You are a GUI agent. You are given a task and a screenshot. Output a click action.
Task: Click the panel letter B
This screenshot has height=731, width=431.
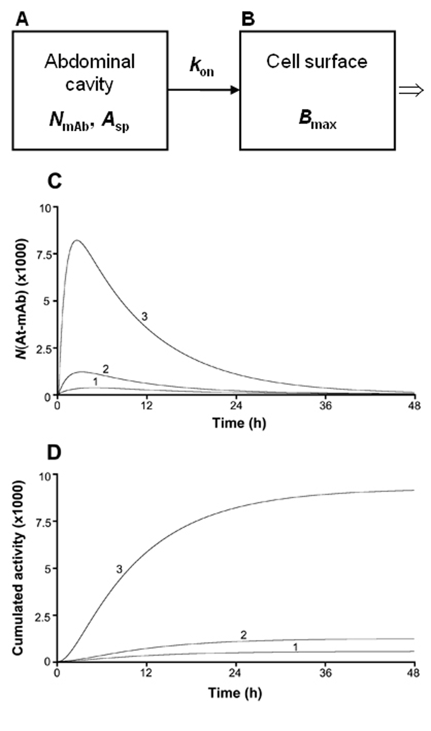pos(248,20)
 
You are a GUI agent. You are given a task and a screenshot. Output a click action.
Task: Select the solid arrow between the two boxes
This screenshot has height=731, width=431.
pos(203,90)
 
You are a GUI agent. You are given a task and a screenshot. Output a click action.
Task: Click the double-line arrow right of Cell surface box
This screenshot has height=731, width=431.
pos(411,91)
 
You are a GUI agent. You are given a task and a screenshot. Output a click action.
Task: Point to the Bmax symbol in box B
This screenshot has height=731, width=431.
pos(317,121)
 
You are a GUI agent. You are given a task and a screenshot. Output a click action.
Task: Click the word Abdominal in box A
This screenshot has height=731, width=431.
pos(90,62)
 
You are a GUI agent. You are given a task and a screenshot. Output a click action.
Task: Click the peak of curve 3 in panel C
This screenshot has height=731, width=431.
pos(77,240)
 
